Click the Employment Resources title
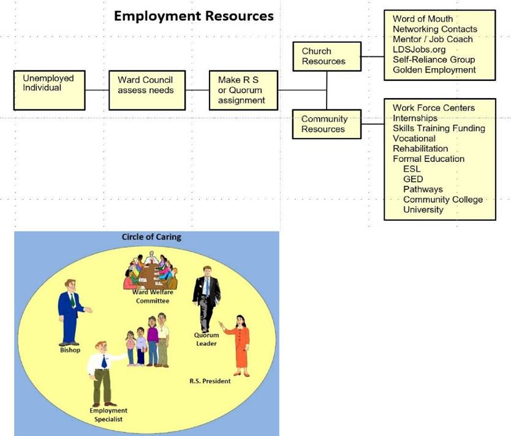[194, 16]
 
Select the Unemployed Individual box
[49, 90]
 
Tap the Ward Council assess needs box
[147, 90]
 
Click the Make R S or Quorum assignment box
[243, 90]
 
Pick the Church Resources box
[327, 56]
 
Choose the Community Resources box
[327, 124]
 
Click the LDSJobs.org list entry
[419, 50]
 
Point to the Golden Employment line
[434, 70]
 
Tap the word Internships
[415, 118]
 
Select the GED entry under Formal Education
[413, 179]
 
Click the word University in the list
[423, 209]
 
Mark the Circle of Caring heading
[151, 237]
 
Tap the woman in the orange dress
[237, 346]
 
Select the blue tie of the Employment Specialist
[104, 361]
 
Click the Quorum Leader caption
[206, 339]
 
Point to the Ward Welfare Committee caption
[153, 296]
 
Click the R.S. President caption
[210, 381]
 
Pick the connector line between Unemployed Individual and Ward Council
[97, 90]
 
